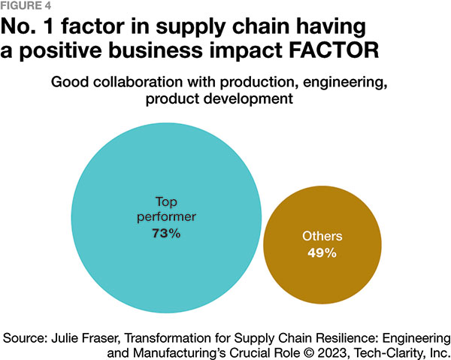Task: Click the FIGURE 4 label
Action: (26, 5)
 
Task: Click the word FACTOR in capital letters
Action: (334, 50)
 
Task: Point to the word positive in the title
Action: (60, 50)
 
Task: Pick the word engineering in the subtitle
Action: (345, 83)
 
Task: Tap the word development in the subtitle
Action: (248, 99)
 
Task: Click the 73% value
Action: (166, 233)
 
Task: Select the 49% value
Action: (322, 253)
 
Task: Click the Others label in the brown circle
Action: (322, 236)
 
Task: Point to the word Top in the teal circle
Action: (166, 202)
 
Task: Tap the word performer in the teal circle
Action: (166, 217)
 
